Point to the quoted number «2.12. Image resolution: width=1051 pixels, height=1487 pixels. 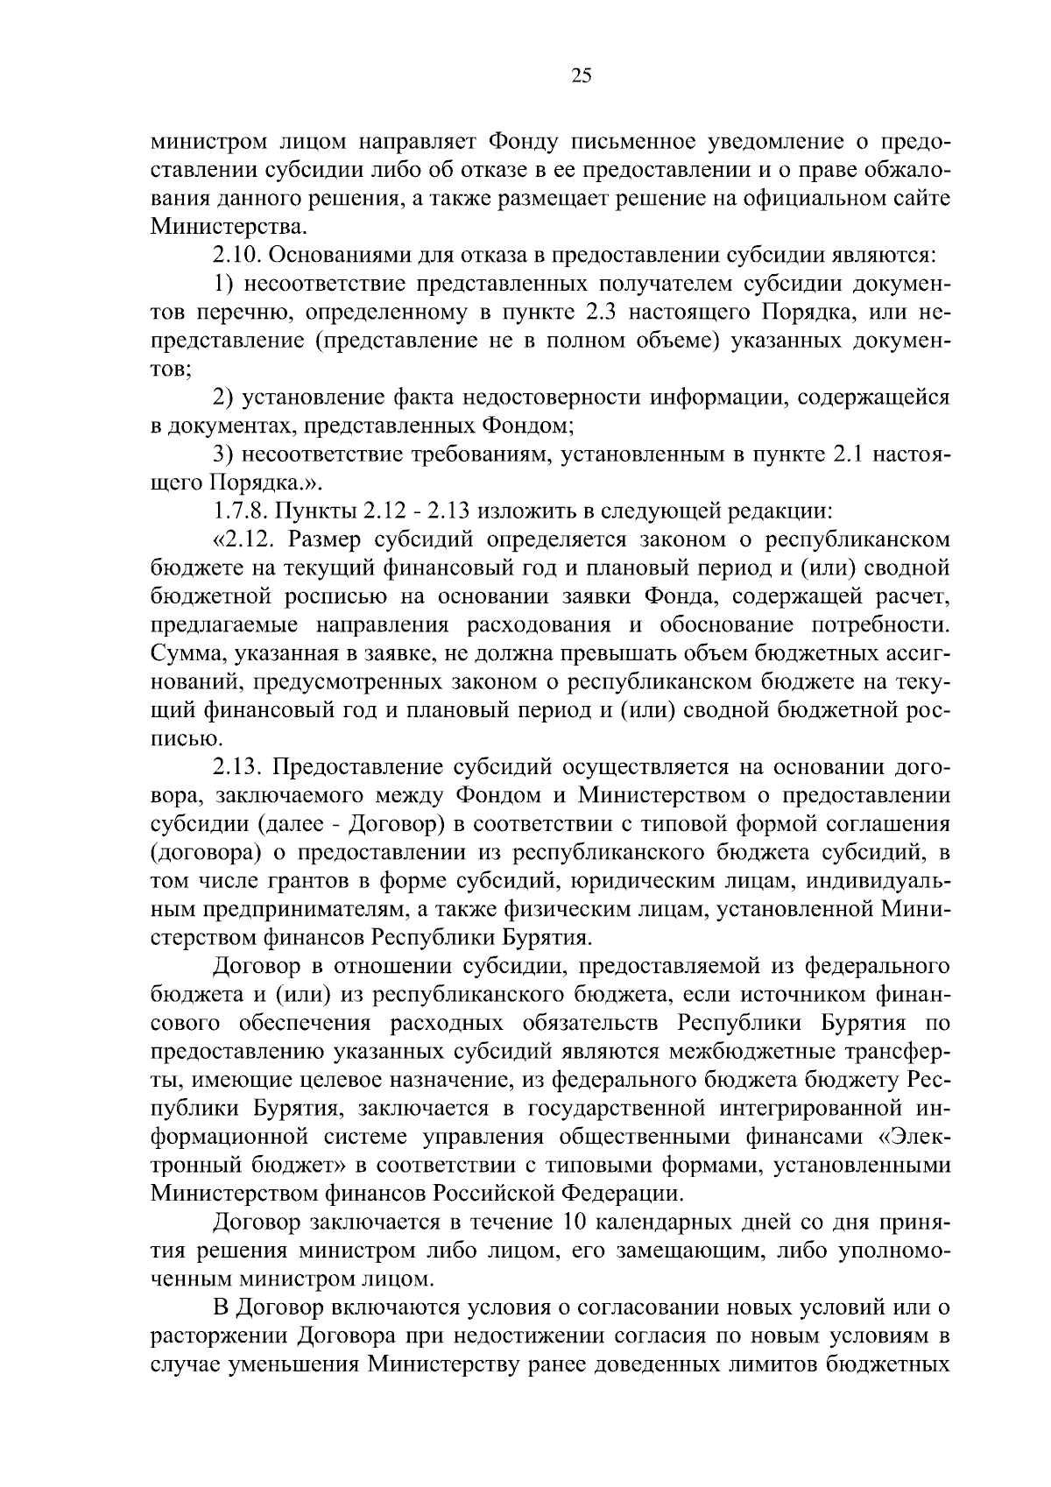click(238, 539)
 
